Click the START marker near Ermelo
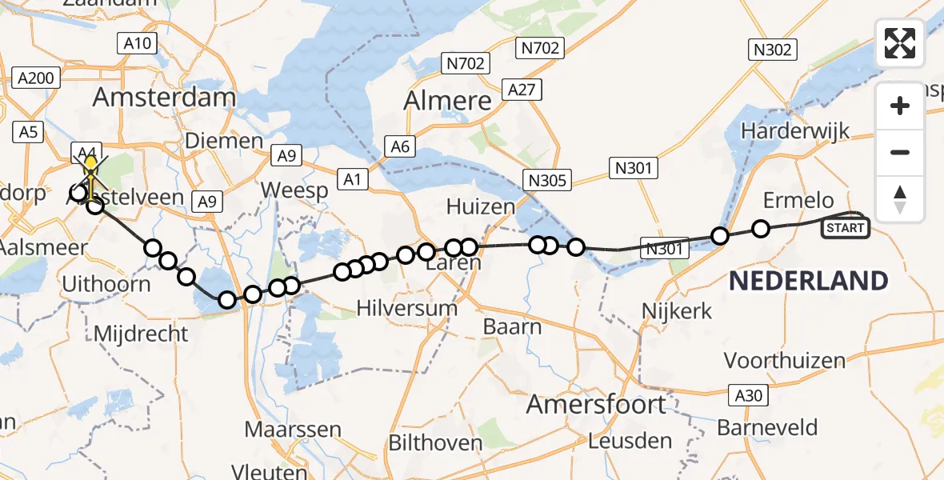tap(846, 228)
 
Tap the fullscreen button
tap(900, 43)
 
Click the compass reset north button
tap(900, 199)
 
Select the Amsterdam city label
tap(164, 98)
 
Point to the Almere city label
tap(447, 101)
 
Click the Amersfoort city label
tap(596, 405)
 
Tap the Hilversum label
tap(407, 308)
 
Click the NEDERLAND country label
tap(808, 281)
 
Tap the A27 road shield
tap(522, 90)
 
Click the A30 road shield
tap(749, 394)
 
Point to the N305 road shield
tap(548, 181)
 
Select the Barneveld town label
tap(767, 427)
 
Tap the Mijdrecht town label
tap(141, 333)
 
